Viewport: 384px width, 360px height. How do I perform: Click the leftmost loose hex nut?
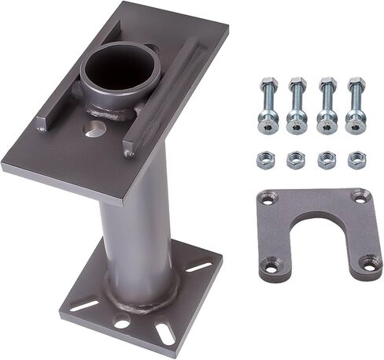click(x=265, y=161)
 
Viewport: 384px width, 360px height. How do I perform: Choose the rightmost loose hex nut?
click(x=356, y=160)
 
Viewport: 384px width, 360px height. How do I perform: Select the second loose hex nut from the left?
click(x=296, y=161)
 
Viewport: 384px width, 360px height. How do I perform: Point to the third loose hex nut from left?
click(x=327, y=160)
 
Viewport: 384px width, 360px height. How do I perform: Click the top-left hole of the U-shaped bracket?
click(x=269, y=200)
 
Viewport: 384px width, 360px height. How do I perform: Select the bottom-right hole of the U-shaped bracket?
click(x=367, y=262)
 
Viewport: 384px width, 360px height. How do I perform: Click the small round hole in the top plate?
click(x=94, y=128)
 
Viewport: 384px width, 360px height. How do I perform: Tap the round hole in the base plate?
click(x=121, y=321)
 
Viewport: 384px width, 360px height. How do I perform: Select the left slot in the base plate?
click(x=84, y=304)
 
